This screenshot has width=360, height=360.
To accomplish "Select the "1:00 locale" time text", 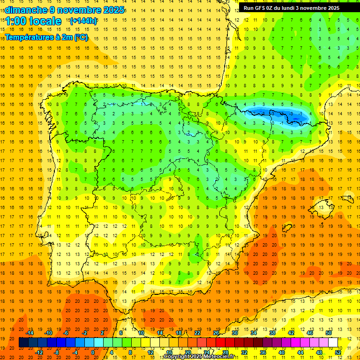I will tap(34, 21).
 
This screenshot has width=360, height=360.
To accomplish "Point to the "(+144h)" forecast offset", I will tap(83, 21).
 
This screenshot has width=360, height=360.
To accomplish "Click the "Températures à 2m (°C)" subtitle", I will tap(46, 37).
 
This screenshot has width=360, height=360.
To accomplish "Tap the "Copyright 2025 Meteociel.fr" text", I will tap(199, 357).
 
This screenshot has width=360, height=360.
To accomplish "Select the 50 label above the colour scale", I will tap(328, 333).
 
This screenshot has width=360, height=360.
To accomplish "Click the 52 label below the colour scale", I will tap(337, 352).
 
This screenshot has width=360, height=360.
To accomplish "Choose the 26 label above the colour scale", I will tap(216, 333).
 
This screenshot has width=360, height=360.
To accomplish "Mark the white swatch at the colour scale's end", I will tap(333, 342).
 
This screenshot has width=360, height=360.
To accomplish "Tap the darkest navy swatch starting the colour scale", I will tap(23, 342).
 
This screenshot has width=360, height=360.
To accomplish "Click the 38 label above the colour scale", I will tap(272, 333).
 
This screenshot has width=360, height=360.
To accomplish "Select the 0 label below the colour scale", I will tap(93, 352).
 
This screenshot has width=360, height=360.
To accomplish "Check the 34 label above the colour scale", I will tap(254, 333).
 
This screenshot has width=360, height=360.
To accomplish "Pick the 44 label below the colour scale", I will tap(300, 352).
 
